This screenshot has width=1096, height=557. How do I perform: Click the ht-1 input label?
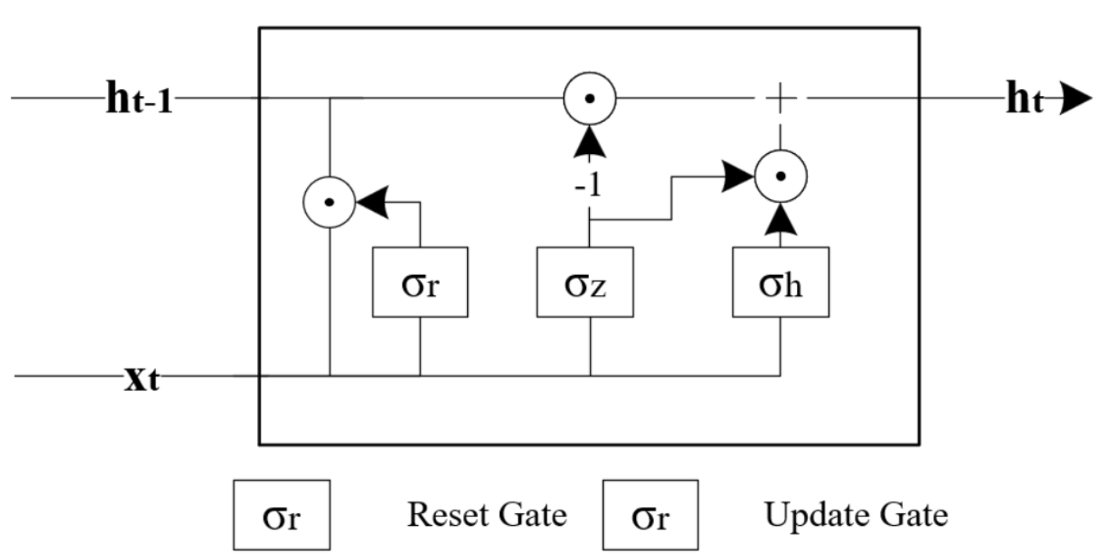(139, 102)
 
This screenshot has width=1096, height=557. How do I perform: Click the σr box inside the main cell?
(420, 282)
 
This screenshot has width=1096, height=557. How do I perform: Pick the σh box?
(780, 282)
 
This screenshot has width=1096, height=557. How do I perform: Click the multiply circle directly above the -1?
(590, 98)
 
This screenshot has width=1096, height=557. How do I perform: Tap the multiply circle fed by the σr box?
(330, 202)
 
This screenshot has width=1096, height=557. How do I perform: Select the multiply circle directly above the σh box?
(780, 176)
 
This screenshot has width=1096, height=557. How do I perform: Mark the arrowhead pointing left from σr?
(370, 202)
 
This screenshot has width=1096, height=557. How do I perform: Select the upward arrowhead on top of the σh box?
(780, 222)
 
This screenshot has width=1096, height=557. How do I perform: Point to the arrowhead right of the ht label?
(1073, 102)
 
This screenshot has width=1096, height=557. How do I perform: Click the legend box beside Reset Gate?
(280, 516)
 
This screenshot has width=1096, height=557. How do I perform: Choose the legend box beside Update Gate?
(650, 516)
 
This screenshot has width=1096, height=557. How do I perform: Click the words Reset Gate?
(487, 516)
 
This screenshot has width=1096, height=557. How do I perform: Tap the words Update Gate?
(855, 516)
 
